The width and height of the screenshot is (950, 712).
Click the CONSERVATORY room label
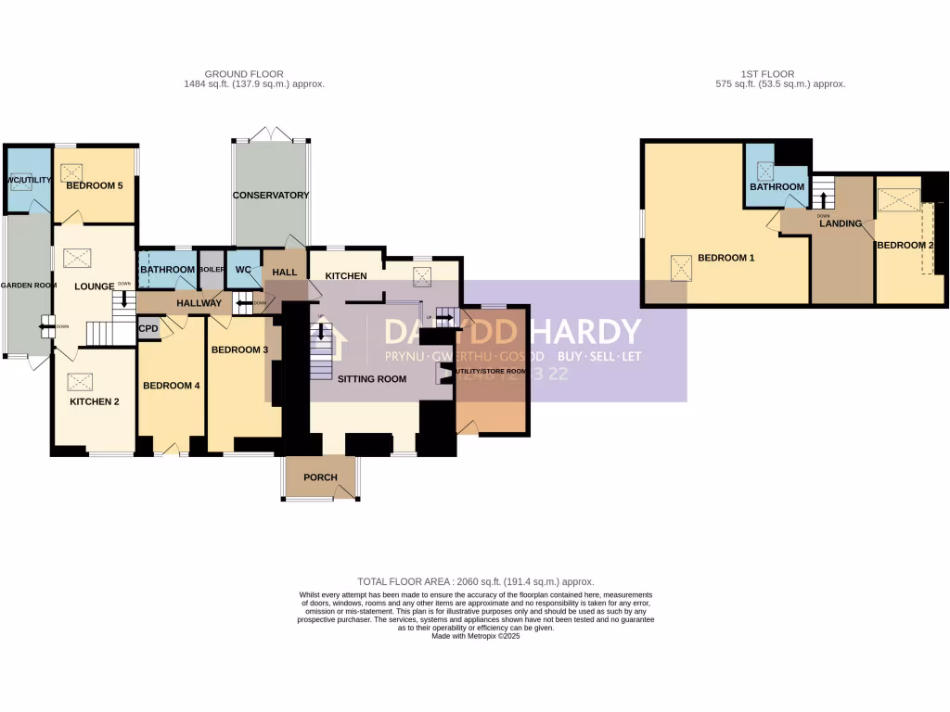pos(271,196)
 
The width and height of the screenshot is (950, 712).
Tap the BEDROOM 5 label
pos(94,185)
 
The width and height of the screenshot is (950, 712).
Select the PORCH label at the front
pos(320,477)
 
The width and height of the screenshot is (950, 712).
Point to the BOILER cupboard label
pos(212,269)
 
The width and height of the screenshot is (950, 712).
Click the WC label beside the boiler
pos(243,270)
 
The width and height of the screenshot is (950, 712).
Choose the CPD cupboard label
pos(148,328)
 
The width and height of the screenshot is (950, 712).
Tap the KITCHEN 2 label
pos(95,402)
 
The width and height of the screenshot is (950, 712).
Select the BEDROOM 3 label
pos(239,350)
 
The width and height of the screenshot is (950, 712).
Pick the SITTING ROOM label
pos(372,378)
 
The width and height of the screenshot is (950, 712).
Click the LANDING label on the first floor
pos(841,223)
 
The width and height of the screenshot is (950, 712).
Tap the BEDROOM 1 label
pos(726,258)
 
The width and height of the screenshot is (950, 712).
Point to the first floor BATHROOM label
pos(777,187)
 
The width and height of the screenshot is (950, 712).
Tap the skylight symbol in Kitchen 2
pos(81,381)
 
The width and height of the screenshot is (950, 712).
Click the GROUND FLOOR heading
pos(244,74)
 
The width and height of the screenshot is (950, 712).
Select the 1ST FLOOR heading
pos(767,74)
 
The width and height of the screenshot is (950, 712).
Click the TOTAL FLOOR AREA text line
pos(475,580)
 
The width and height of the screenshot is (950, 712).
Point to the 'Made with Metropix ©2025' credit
pos(475,636)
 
